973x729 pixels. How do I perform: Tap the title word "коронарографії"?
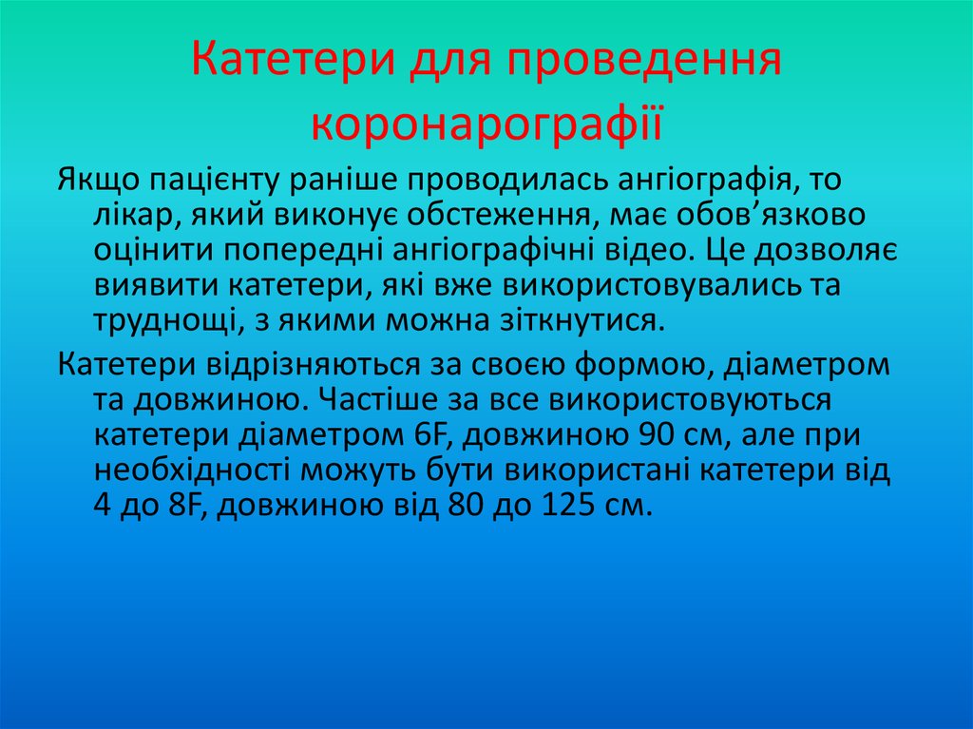(486, 125)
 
